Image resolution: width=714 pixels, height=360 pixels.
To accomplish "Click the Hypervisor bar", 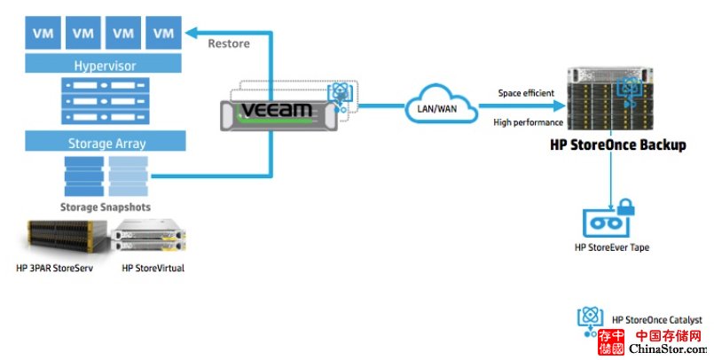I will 105,65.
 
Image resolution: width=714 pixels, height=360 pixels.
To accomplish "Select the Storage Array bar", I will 105,141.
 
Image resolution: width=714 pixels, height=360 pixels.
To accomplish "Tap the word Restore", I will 229,43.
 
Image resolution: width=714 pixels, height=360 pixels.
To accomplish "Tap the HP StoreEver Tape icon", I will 610,218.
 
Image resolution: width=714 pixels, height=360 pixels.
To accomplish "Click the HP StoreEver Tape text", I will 611,247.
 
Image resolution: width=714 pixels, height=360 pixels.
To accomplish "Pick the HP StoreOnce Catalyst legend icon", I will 590,320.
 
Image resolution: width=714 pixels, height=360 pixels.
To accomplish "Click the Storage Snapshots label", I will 105,207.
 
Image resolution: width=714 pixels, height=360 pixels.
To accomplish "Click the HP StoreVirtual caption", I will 153,268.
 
